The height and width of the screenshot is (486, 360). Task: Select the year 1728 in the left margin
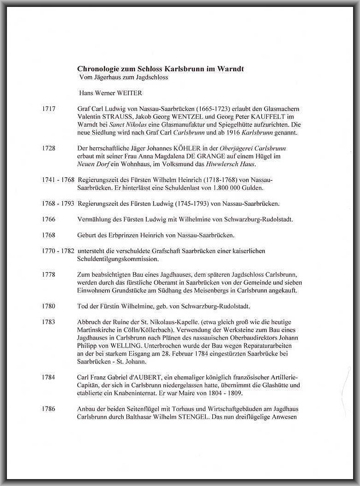(48, 148)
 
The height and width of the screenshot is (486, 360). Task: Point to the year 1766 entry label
(48, 219)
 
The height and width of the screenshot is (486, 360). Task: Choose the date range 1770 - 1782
(58, 251)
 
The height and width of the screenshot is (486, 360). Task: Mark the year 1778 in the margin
(48, 275)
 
